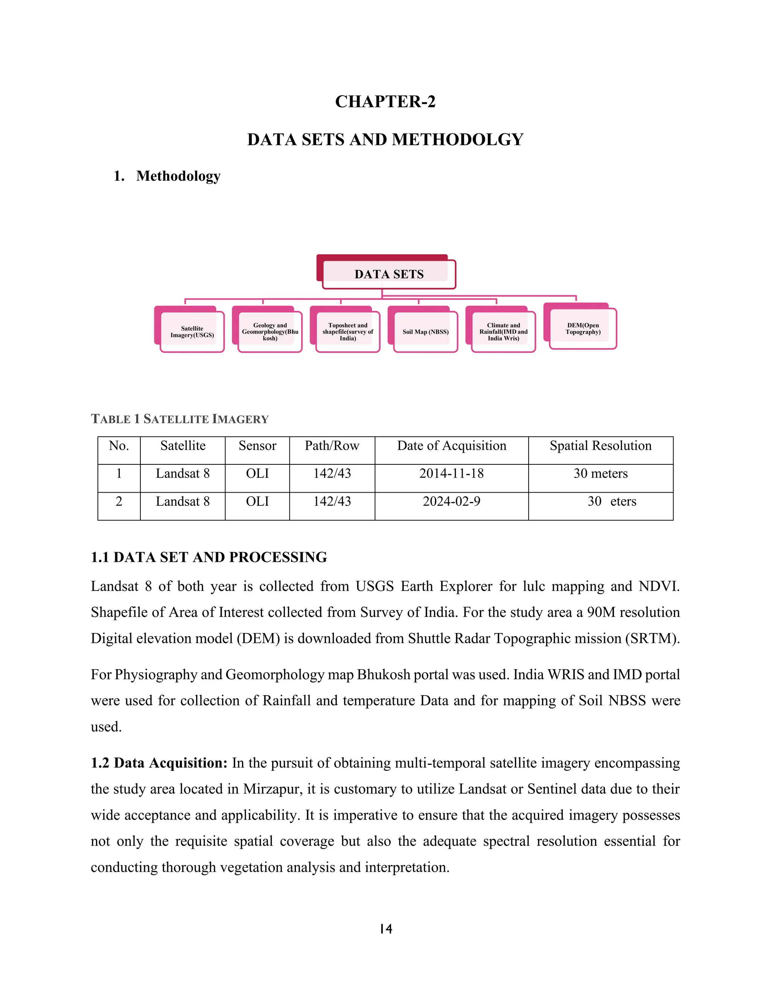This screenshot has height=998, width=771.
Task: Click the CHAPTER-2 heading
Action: click(x=385, y=101)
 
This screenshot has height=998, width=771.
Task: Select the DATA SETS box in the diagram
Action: click(x=389, y=274)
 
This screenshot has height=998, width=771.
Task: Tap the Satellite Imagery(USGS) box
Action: click(x=192, y=332)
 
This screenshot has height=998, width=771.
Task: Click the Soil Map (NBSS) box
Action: click(x=425, y=332)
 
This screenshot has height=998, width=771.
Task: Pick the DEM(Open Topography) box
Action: click(x=582, y=328)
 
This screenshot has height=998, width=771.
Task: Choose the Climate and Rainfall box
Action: click(x=503, y=332)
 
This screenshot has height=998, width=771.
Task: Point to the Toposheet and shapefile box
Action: click(x=347, y=332)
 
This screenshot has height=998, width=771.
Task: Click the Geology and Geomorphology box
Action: click(x=270, y=332)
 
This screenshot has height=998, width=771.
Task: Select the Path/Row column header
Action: click(x=332, y=446)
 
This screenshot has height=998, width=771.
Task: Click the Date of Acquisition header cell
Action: click(x=451, y=446)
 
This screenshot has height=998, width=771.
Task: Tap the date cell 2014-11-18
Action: click(x=451, y=474)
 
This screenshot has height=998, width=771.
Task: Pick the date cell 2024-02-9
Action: click(x=451, y=502)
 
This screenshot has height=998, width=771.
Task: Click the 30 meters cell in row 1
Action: click(x=600, y=474)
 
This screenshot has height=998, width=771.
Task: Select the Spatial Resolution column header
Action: click(x=600, y=446)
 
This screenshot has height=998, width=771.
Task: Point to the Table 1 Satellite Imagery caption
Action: click(x=180, y=419)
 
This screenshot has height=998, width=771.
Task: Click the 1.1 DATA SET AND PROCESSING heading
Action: click(x=209, y=557)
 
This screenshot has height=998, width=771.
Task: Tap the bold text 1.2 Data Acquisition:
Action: click(x=159, y=763)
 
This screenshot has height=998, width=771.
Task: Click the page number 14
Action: click(x=385, y=929)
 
